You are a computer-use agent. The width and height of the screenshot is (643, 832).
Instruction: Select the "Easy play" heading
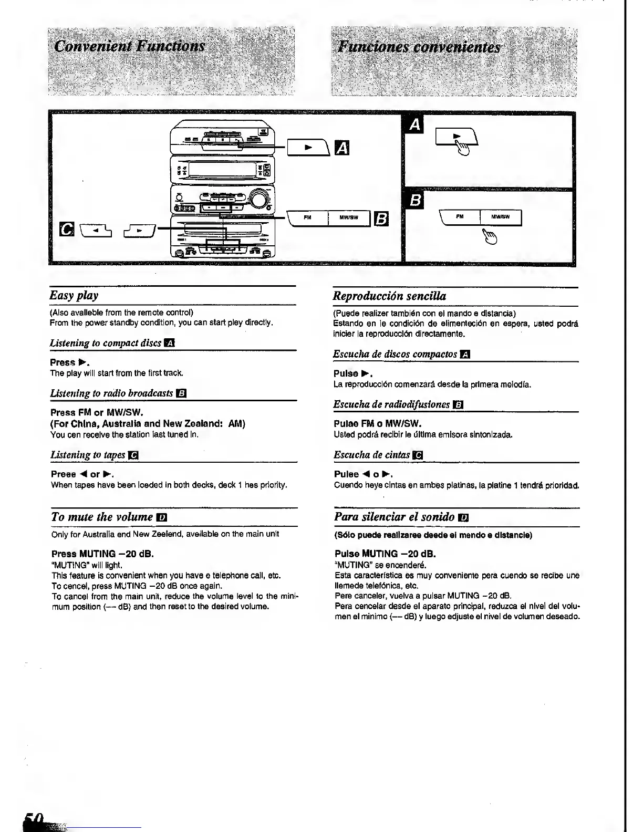(74, 295)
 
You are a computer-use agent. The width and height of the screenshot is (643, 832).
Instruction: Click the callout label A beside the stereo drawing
(341, 149)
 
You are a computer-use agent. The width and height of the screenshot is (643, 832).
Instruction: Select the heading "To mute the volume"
(102, 517)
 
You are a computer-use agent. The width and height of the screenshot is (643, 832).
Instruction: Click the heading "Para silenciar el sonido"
(395, 517)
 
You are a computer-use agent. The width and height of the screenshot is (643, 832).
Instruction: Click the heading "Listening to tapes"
(88, 454)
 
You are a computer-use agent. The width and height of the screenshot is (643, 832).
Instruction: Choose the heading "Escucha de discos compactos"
(395, 354)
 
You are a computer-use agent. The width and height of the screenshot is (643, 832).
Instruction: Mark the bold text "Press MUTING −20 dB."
(102, 554)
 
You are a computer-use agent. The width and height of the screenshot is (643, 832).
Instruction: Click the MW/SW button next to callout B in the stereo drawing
(349, 218)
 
